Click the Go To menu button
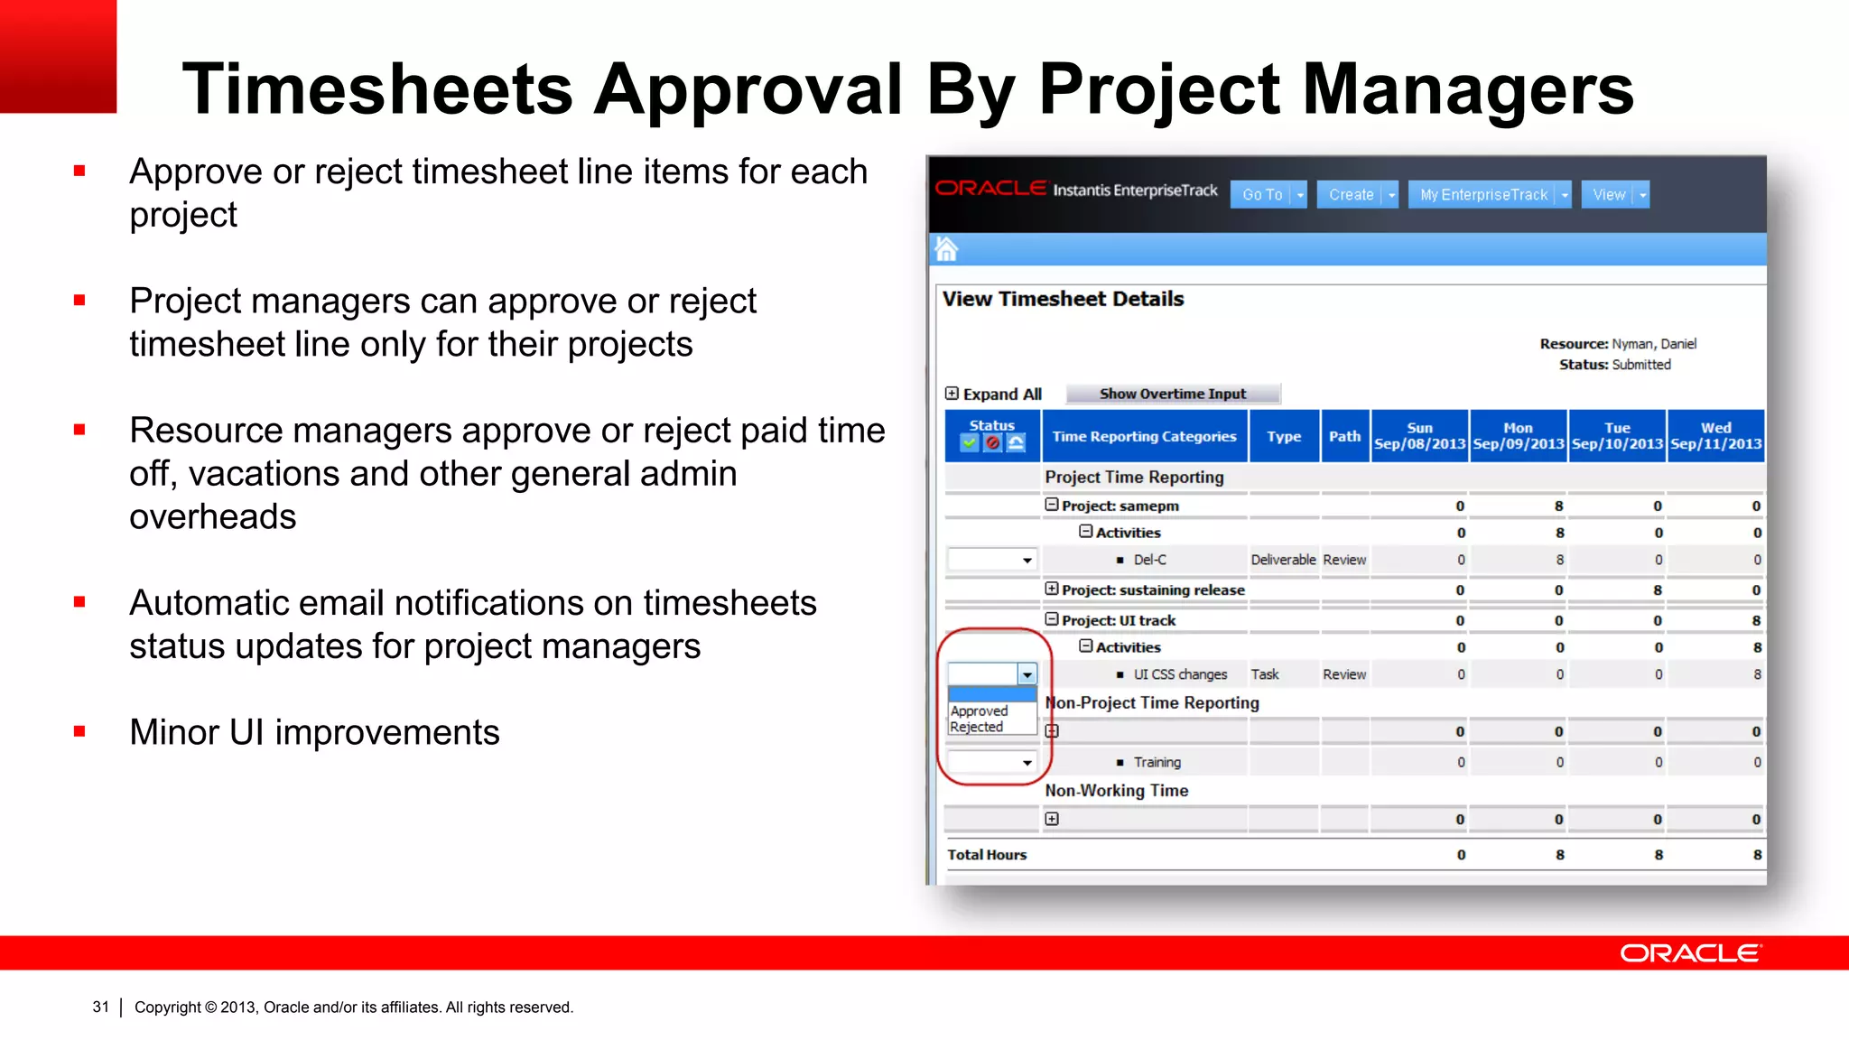1262,195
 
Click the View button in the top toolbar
1609,195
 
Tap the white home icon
946,248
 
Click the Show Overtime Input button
1172,394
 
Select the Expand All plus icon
952,394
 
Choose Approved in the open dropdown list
980,711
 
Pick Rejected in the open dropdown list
977,727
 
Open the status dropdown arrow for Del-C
1027,561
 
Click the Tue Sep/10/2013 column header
1617,436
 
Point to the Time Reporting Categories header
1144,436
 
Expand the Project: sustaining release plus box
1052,590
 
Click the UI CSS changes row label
1180,674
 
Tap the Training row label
1157,763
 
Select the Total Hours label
987,855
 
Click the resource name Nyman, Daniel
1654,344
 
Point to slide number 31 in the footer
100,1007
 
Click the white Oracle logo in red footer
1689,953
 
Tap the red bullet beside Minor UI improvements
79,731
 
